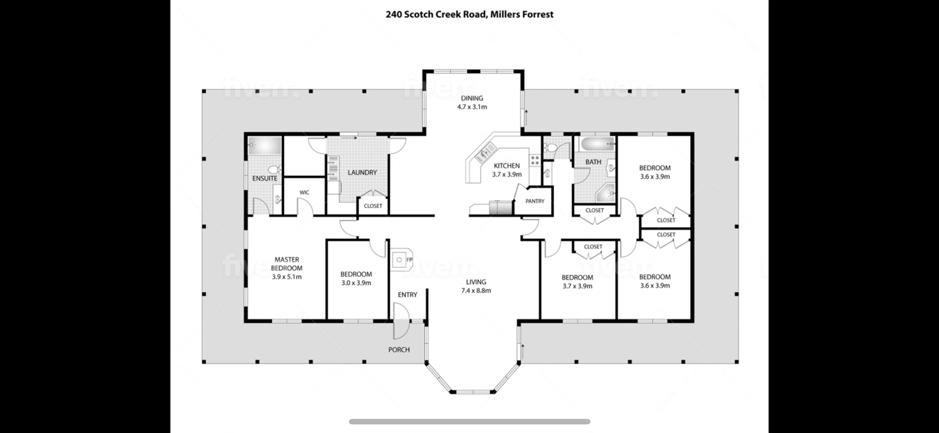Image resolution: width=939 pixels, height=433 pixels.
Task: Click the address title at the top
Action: point(469,14)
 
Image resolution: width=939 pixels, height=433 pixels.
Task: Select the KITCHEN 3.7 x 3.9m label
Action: point(507,170)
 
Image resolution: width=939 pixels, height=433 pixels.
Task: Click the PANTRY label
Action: point(535,201)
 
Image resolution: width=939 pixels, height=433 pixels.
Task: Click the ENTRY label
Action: point(408,295)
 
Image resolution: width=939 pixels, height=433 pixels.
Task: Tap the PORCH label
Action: point(399,349)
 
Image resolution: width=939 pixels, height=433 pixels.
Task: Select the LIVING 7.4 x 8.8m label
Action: point(476,286)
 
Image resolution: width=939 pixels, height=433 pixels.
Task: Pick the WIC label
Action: point(304,192)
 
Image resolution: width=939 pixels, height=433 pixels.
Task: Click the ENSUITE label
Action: point(265,178)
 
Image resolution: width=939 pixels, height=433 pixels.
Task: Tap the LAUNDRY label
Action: point(362,173)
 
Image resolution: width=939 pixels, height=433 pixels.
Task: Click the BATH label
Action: point(593,162)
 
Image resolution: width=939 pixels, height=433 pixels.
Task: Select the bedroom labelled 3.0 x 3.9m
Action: point(356,278)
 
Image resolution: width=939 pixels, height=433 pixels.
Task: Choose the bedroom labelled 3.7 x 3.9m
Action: point(577,281)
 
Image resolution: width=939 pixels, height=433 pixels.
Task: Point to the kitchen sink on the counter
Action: point(485,152)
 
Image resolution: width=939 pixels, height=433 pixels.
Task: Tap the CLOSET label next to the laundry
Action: point(373,206)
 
